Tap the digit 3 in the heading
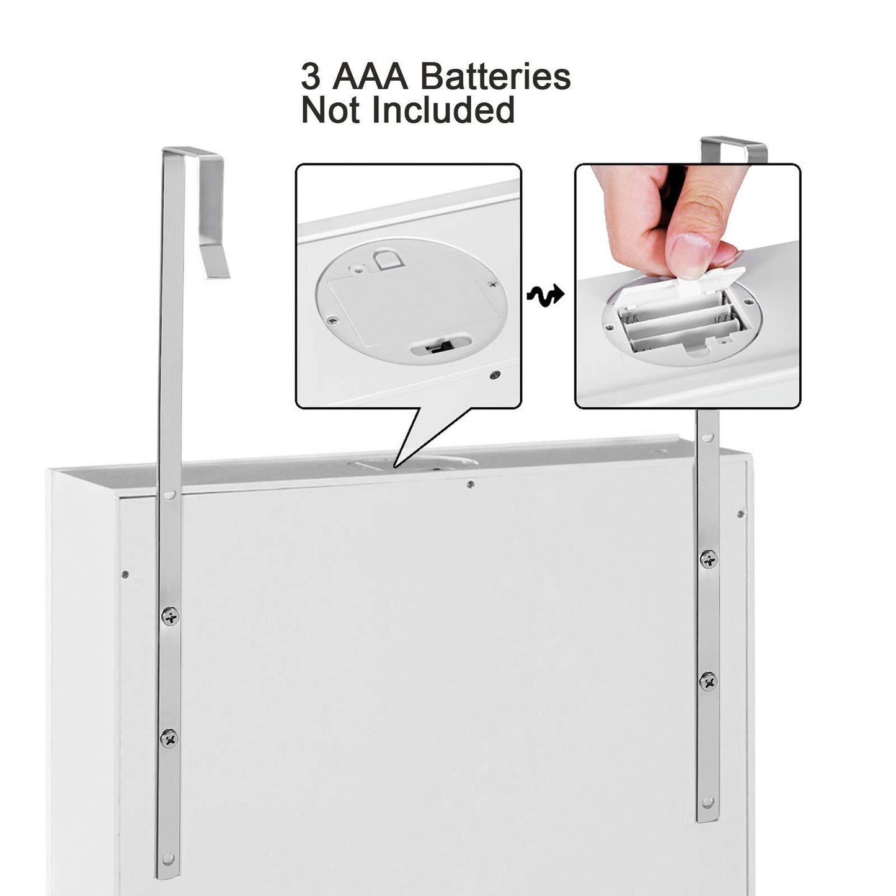tap(311, 77)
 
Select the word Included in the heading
tap(443, 110)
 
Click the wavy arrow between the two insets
tap(545, 295)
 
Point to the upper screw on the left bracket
tap(171, 616)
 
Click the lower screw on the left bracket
tap(169, 738)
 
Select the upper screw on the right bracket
tap(709, 559)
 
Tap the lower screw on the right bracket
tap(708, 681)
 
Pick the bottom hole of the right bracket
tap(707, 776)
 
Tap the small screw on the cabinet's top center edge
tap(471, 484)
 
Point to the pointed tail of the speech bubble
tap(395, 466)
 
